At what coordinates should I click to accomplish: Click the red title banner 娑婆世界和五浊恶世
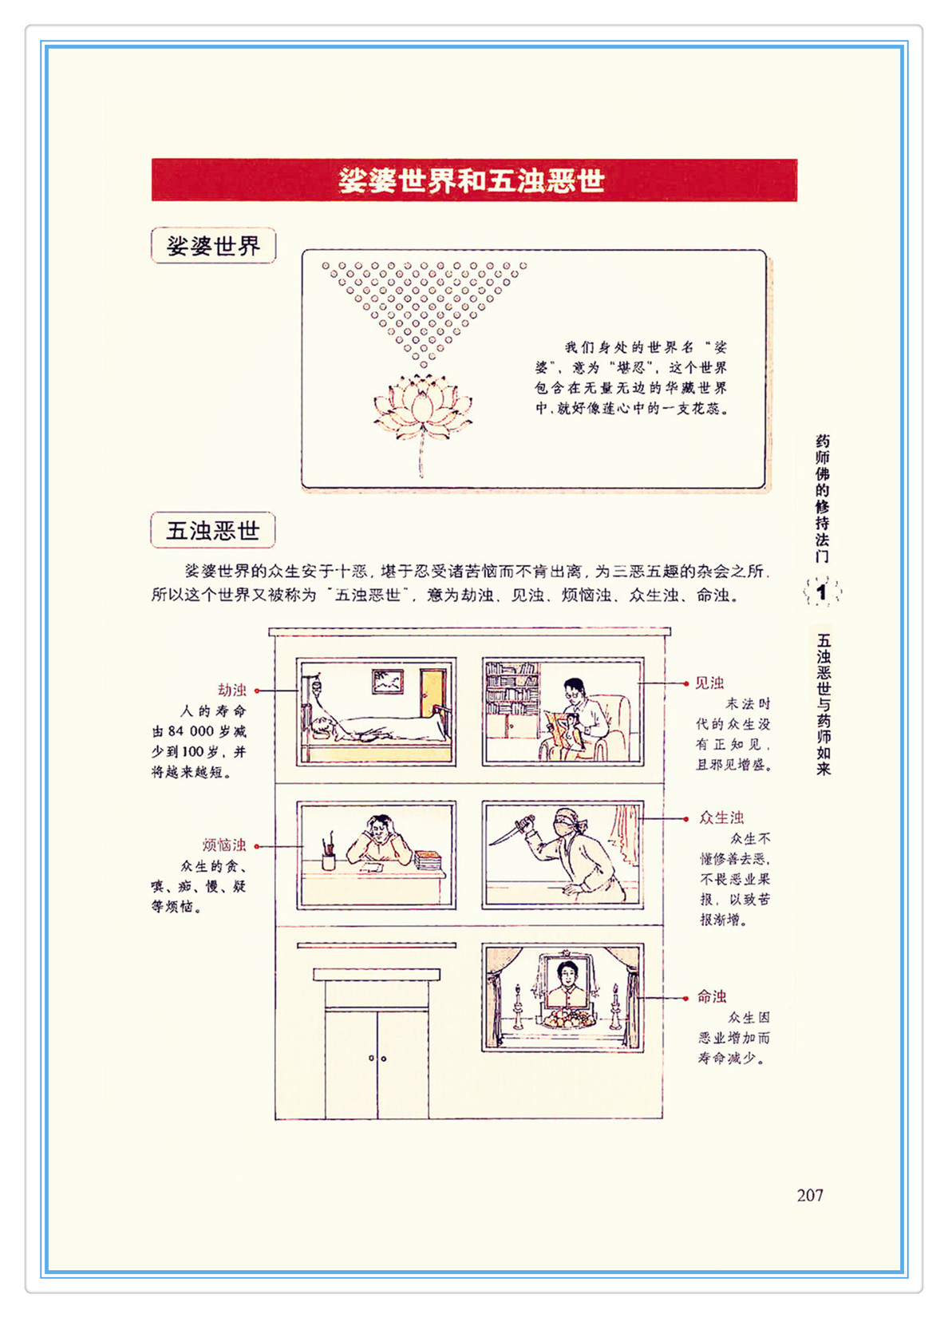point(474,180)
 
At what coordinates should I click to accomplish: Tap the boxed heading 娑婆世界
point(213,245)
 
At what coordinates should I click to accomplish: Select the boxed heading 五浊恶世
point(213,530)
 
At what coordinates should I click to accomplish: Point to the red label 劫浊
point(231,690)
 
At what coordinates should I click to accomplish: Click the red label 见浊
point(709,683)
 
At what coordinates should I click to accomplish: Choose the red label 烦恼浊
point(224,845)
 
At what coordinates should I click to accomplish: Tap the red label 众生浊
point(721,817)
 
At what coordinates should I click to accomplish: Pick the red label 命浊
point(712,996)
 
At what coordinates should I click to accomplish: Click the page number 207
point(810,1195)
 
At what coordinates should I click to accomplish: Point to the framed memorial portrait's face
point(567,976)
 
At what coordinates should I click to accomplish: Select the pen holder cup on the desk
point(329,861)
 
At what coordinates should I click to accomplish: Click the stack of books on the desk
point(429,860)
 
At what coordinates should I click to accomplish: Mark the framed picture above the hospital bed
point(388,682)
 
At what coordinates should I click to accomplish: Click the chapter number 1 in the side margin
point(822,592)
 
